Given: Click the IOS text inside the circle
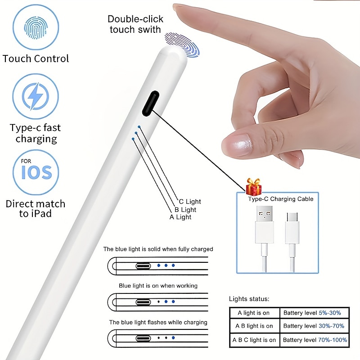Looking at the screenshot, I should coord(36,172).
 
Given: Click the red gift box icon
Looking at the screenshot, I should coord(254,186).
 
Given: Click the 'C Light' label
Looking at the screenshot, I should coord(190,202).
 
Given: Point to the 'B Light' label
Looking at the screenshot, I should coord(185,209).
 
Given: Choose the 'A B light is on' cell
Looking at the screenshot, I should coord(254,326).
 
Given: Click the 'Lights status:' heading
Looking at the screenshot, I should coord(249,298).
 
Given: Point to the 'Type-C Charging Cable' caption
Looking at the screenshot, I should coord(280,198).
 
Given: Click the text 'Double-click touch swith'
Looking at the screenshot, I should coord(135,24).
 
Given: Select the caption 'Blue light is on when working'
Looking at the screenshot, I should coord(158,285).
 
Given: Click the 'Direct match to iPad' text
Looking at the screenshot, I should coord(35,208).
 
